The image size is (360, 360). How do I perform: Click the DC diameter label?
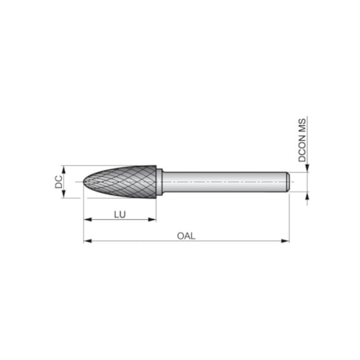pos(59,182)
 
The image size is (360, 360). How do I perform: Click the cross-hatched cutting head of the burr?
pos(125,182)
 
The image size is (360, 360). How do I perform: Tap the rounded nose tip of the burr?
pos(86,182)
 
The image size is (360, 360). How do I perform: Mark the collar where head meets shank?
pos(160,182)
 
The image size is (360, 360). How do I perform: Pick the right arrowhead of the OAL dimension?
pos(286,241)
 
